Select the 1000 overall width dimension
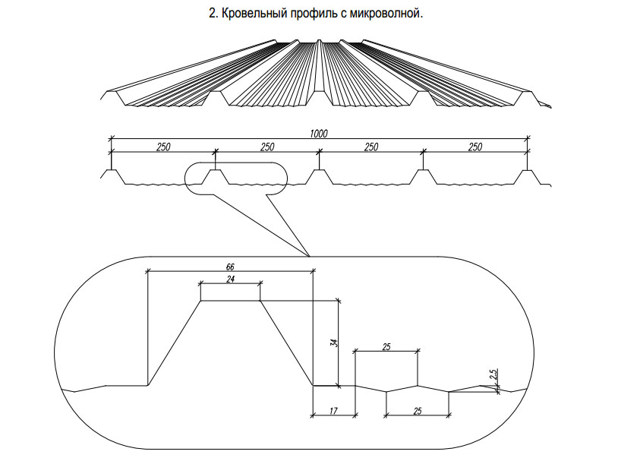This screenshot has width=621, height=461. point(319,134)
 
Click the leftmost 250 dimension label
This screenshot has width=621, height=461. point(163,147)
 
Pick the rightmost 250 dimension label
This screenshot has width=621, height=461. point(475,147)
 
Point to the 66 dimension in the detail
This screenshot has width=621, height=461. point(230,267)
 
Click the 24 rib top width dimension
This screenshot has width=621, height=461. point(230,279)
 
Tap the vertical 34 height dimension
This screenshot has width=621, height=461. point(336,343)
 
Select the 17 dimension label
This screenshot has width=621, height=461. point(333,411)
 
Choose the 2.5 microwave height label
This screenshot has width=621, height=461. point(493,374)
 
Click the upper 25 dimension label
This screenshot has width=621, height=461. point(386,347)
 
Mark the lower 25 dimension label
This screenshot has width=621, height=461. point(418,411)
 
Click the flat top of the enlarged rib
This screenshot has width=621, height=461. point(230,301)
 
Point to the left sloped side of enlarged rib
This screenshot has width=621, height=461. point(175,343)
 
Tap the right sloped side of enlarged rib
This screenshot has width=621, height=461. point(286,343)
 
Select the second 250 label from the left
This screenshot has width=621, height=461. point(267,147)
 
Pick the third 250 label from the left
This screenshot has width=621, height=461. point(371,147)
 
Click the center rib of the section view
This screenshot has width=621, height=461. point(319,177)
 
